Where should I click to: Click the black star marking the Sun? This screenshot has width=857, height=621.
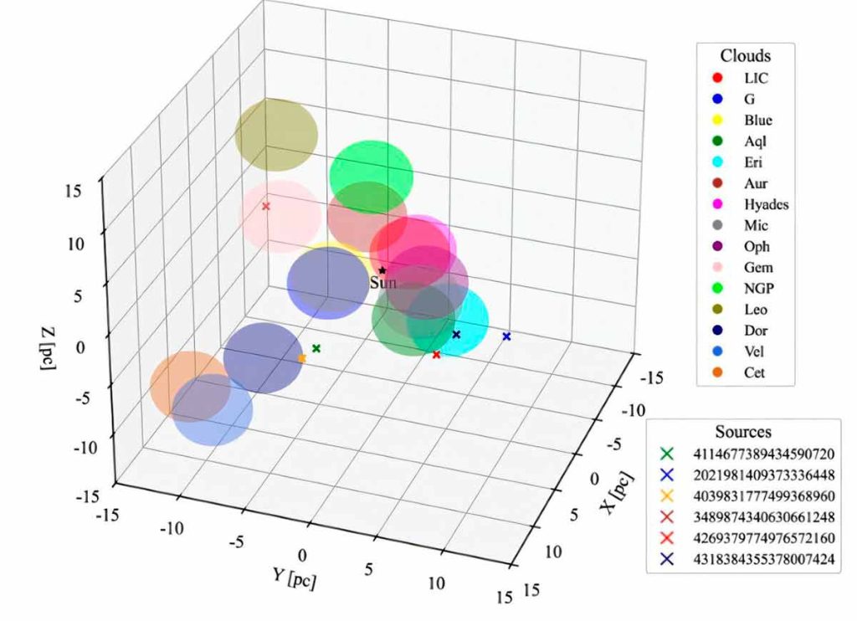tap(382, 270)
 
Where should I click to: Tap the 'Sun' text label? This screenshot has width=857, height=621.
tap(382, 283)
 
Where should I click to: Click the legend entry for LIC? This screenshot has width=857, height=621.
tap(741, 78)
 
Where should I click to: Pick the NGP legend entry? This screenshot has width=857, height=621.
tap(743, 288)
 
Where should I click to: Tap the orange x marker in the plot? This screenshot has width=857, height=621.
tap(301, 358)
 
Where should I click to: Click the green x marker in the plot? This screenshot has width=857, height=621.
tap(316, 348)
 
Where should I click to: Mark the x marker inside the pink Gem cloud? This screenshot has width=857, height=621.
tap(265, 206)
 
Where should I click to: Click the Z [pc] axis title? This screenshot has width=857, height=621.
tap(49, 349)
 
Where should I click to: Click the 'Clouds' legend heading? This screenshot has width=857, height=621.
tap(746, 56)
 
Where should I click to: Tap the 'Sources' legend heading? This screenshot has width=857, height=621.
tap(743, 432)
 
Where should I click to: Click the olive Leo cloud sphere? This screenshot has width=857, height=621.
tap(276, 135)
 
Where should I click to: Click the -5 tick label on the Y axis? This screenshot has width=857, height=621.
tap(236, 542)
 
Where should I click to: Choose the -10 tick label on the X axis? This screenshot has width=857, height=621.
tap(634, 410)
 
